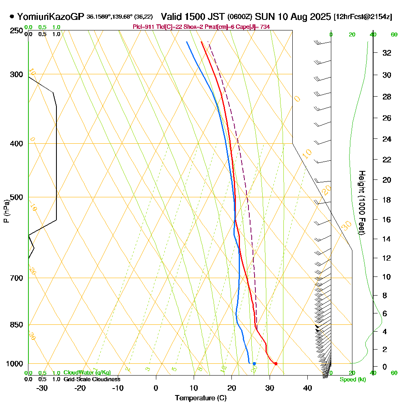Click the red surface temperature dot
coord(276,363)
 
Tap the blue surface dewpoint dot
coord(254,363)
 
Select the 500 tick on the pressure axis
coord(17,197)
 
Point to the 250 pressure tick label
coord(17,31)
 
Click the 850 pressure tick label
coord(17,325)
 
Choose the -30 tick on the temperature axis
coord(42,388)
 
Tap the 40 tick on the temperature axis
coord(307,388)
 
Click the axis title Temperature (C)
coord(201,398)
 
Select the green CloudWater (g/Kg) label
coord(87,373)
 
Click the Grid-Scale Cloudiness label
coord(92,379)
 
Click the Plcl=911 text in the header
coord(143,27)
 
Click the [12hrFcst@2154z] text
coord(363,17)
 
